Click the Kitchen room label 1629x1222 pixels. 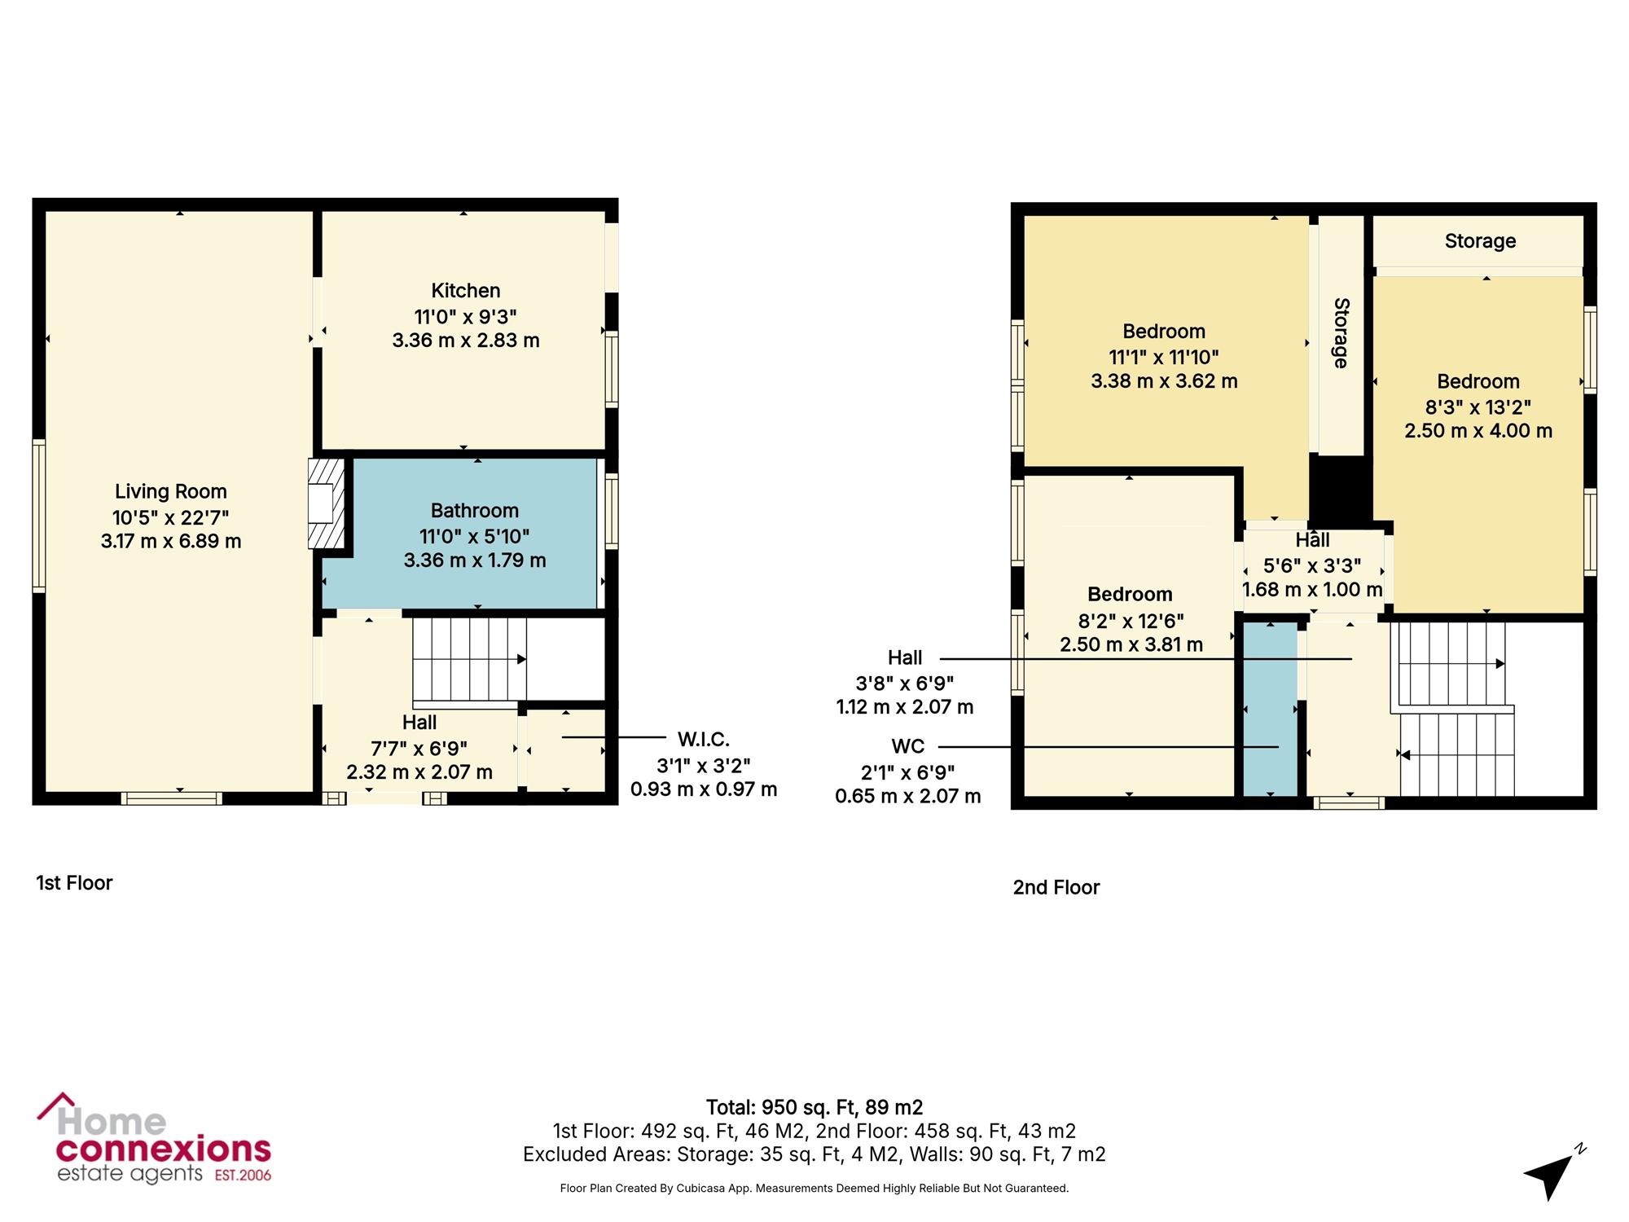(466, 291)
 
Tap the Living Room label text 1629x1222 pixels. (171, 491)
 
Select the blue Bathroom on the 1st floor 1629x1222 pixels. (460, 534)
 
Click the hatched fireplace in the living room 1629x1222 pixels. (326, 503)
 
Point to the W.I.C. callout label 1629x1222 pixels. (704, 740)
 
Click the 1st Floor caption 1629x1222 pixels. (74, 883)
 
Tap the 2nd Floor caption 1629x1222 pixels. (1056, 888)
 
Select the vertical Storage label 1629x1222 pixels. (1341, 333)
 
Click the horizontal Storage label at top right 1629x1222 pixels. (1480, 241)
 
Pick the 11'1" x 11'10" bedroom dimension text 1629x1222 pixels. (1164, 357)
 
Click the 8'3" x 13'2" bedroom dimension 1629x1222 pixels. (1478, 407)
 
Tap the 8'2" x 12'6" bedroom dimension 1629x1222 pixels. (1131, 621)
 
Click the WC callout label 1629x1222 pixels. (908, 746)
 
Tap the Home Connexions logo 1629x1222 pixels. (154, 1139)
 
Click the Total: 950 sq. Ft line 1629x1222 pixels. (814, 1108)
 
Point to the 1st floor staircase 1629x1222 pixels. (469, 659)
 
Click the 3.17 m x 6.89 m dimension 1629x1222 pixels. (171, 542)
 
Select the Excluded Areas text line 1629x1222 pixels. (814, 1154)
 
